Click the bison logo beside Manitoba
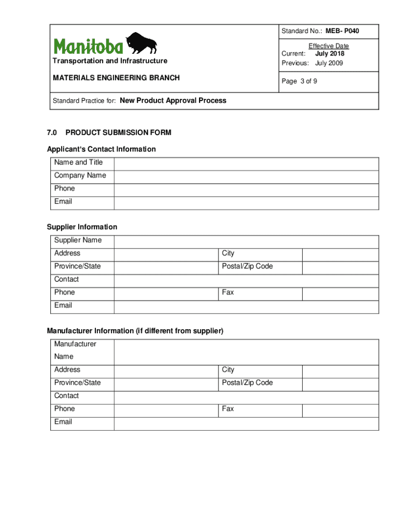tap(141, 43)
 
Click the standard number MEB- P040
tap(342, 32)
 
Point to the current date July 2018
tap(330, 54)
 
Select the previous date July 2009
tap(329, 63)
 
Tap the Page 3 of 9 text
tap(300, 81)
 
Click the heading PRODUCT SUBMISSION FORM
tap(118, 133)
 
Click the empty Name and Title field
tap(246, 164)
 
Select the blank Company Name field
tap(246, 176)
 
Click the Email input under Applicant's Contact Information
tap(246, 202)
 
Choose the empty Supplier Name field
tap(246, 241)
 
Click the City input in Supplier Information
tap(340, 254)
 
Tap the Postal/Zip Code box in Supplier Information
tap(340, 267)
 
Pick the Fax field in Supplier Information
tap(340, 293)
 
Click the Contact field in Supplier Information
tap(246, 281)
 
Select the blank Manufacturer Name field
tap(246, 351)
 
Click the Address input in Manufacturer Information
tap(165, 371)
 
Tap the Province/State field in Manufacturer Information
tap(165, 384)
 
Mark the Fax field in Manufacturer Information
tap(340, 410)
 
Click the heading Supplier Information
tap(82, 227)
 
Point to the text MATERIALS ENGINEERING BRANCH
tap(116, 78)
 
